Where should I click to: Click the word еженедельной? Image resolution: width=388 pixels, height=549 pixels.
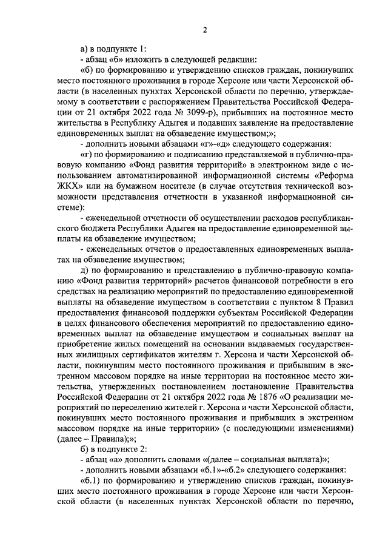point(115,218)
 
